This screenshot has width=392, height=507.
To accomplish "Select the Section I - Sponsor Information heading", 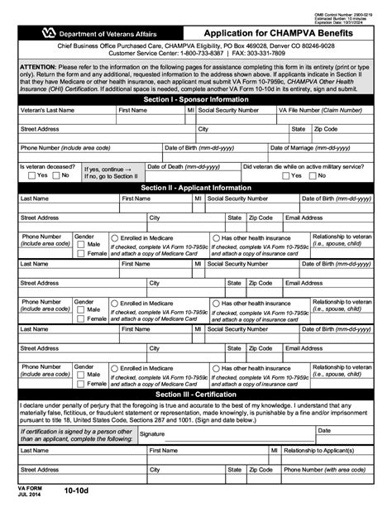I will click(195, 98).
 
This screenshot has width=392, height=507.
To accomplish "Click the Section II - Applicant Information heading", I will click(195, 188).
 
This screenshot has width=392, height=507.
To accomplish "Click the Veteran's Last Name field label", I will click(50, 109).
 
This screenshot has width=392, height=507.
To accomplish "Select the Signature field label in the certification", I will click(152, 433).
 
